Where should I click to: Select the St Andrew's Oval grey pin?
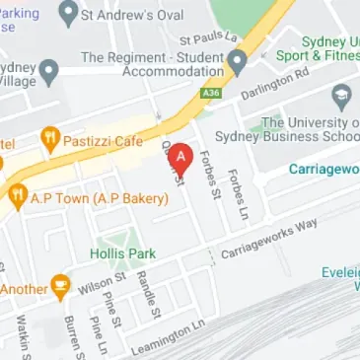coord(68,13)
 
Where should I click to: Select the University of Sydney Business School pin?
coord(342,97)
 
